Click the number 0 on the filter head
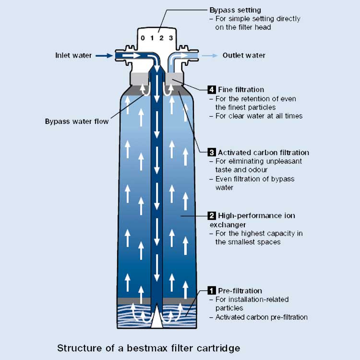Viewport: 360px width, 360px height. coord(142,38)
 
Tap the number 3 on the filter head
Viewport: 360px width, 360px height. coord(170,38)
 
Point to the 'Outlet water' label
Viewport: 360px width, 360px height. coord(244,56)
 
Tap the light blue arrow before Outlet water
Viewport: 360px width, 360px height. coord(208,56)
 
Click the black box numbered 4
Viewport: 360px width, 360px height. coord(212,90)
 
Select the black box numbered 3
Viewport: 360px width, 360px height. coord(212,153)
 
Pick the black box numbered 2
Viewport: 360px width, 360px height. coord(212,216)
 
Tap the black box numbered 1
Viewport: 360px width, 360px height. coord(212,290)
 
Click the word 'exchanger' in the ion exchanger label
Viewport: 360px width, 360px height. coord(228,224)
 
